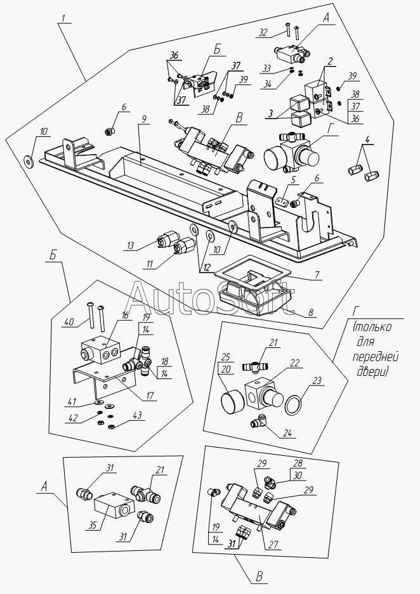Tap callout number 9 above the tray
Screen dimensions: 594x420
(x=144, y=119)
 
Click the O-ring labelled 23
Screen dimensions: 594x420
(x=294, y=404)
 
